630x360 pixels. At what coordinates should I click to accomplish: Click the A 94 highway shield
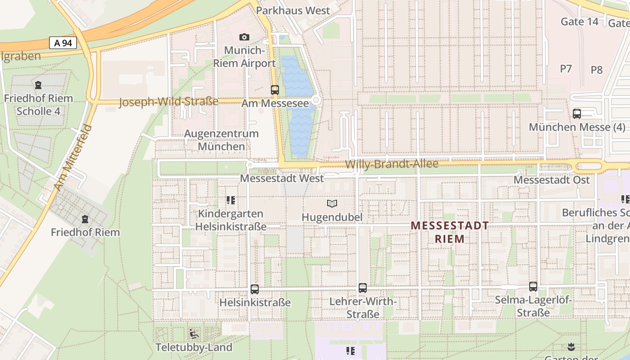click(63, 43)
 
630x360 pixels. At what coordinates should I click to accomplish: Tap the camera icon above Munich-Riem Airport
click(244, 37)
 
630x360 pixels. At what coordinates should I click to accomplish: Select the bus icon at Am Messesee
click(275, 90)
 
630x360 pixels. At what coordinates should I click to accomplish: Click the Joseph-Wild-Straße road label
click(168, 102)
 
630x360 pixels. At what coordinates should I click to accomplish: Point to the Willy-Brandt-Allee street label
click(391, 164)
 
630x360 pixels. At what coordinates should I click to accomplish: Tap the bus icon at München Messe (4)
click(577, 114)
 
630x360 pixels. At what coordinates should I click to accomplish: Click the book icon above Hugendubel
click(332, 204)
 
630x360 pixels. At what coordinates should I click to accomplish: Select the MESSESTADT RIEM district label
click(450, 232)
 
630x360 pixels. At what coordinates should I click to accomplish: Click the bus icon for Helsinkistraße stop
click(255, 289)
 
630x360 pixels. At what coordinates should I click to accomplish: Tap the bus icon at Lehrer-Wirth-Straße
click(363, 288)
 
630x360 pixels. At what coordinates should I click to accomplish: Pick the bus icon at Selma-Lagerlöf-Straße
click(533, 287)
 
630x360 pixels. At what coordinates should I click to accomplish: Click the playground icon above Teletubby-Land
click(194, 334)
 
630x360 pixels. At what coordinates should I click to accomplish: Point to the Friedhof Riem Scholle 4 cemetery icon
click(38, 85)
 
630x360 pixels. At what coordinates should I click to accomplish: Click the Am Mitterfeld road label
click(73, 157)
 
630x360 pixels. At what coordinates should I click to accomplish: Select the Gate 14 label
click(580, 21)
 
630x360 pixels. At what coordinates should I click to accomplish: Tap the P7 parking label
click(566, 68)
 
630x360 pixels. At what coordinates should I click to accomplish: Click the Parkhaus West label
click(299, 10)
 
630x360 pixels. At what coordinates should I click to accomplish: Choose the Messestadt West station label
click(282, 178)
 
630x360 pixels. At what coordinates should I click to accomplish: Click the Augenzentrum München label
click(221, 140)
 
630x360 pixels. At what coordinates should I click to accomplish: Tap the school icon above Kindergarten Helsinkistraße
click(231, 200)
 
